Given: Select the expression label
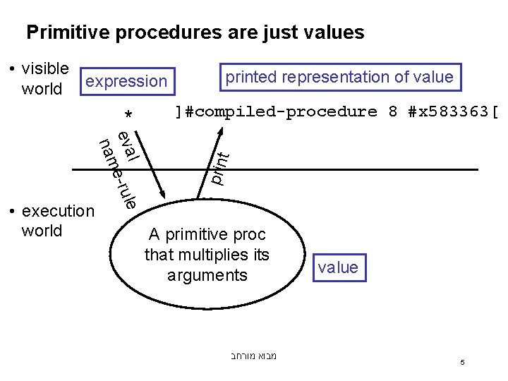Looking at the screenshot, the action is pos(126,82).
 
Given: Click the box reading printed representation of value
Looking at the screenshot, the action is pos(339,77).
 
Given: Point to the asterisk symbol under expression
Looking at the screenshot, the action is pos(128,114).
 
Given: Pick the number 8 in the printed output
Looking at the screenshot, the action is pos(393,111).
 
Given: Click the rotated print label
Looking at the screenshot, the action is pos(221,169).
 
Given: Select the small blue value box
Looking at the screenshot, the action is pos(338,267).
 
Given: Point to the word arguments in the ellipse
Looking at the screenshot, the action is pos(207,274).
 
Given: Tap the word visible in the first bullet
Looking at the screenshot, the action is pos(45,68).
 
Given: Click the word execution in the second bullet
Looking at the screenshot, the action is pos(59,211).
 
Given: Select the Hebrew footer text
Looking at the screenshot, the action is pos(253,356).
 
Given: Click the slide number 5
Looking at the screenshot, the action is pos(462,363).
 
